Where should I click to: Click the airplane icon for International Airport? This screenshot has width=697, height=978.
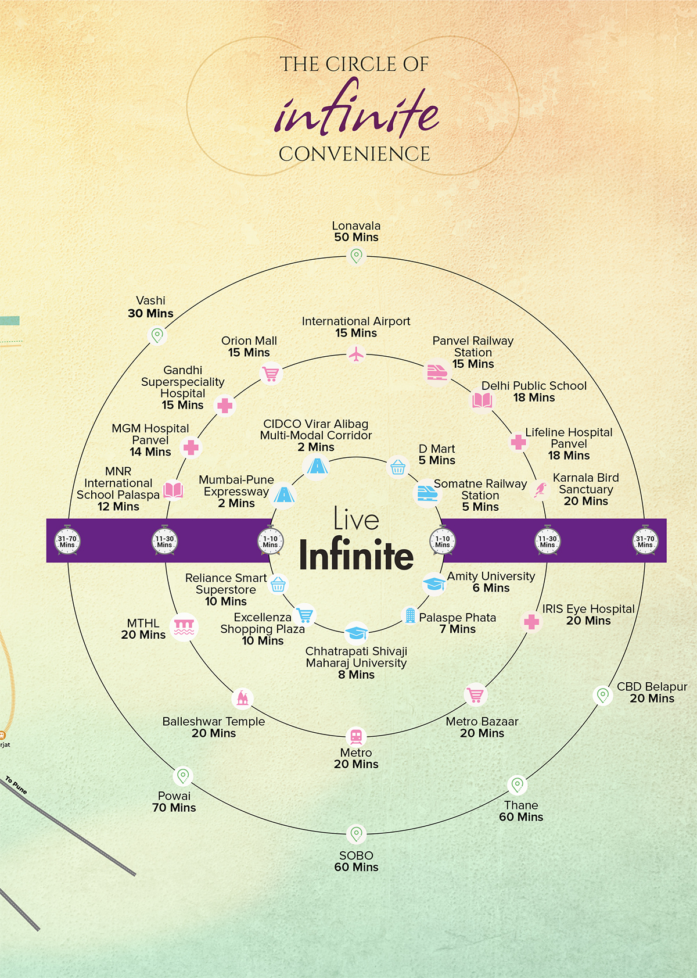(357, 354)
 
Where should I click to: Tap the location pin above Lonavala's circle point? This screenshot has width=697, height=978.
(356, 256)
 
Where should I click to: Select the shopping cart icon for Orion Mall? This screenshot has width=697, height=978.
(271, 374)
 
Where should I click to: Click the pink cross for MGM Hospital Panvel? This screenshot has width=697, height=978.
(191, 447)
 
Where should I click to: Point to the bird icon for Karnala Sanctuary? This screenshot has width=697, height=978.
(540, 489)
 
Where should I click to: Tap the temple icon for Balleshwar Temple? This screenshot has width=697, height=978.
(243, 698)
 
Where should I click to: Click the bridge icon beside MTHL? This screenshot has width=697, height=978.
(184, 627)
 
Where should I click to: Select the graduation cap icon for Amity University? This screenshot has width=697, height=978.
(434, 584)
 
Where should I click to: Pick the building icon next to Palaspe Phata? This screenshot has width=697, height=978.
(410, 615)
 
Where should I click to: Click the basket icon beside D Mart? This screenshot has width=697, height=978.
(398, 467)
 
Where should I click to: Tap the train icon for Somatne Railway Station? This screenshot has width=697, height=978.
(427, 493)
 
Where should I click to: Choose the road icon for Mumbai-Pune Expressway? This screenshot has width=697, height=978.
(284, 495)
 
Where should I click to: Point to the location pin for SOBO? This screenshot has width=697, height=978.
(356, 833)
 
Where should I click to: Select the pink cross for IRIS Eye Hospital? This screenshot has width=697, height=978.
(531, 622)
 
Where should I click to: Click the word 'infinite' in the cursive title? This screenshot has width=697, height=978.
(356, 108)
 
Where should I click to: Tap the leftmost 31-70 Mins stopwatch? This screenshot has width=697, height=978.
(67, 540)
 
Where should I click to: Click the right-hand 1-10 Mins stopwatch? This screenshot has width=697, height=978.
(443, 540)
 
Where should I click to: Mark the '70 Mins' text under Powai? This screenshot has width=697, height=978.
(174, 808)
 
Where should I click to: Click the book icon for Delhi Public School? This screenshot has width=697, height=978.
(482, 400)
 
